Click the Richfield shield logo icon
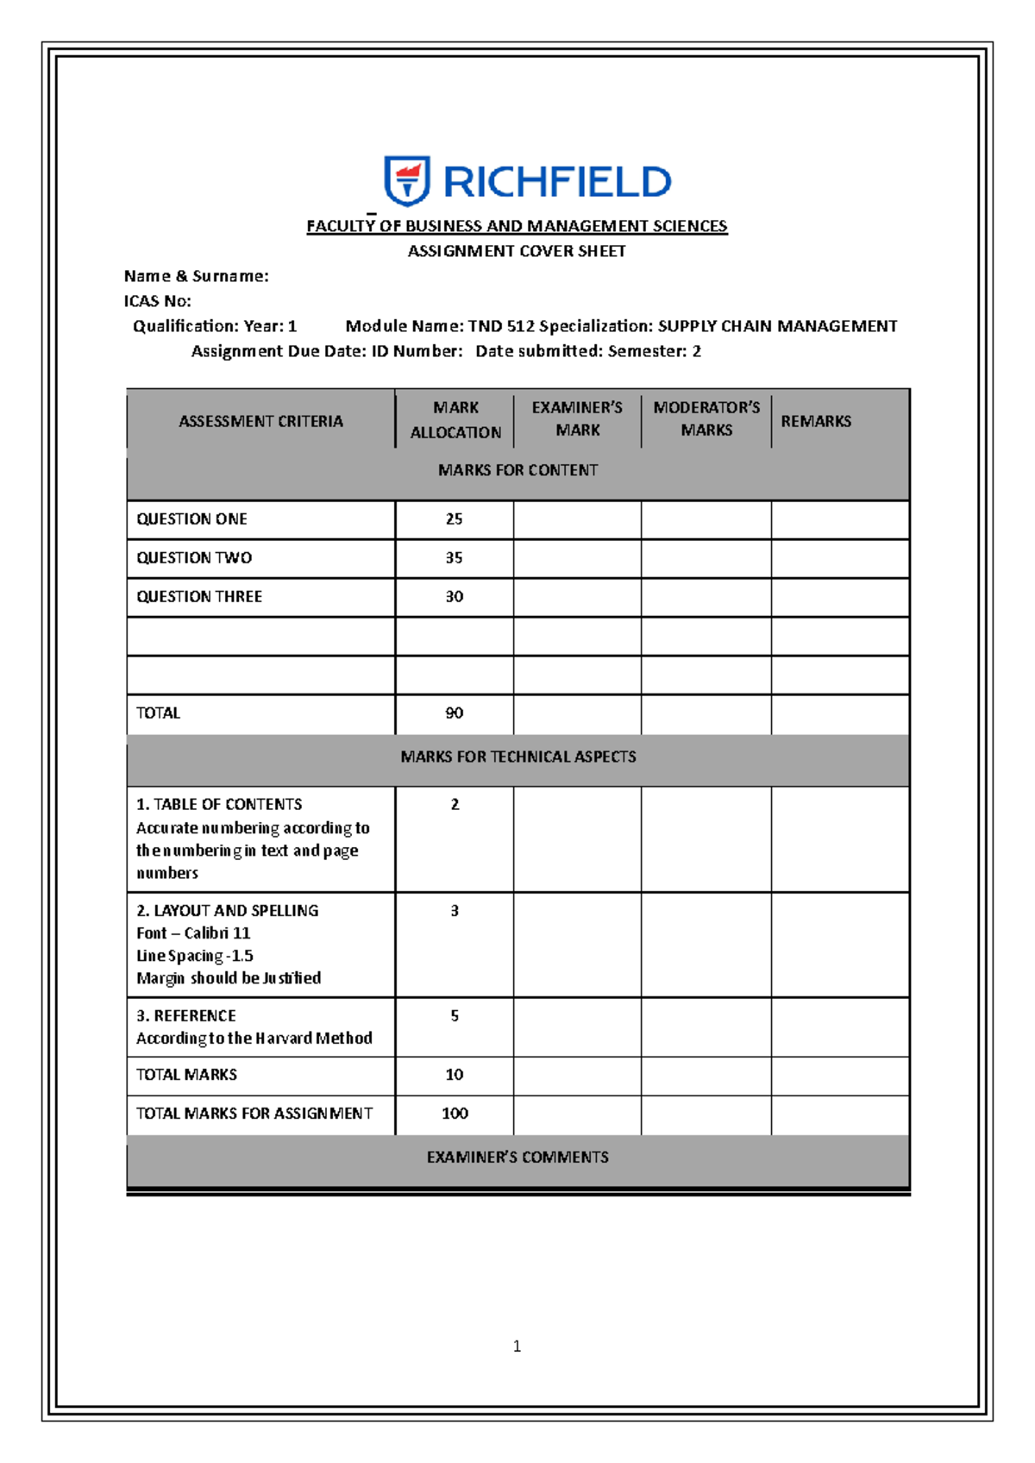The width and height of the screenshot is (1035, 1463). pos(406,181)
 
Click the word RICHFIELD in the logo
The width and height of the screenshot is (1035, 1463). pos(556,183)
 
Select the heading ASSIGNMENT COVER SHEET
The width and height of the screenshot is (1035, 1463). pos(517,251)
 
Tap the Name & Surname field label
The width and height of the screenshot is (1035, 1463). pos(196,276)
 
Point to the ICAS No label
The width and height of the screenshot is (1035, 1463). pos(157,301)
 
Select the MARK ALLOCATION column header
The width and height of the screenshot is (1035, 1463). pos(455,420)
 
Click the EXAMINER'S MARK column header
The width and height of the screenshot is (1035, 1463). pos(577,418)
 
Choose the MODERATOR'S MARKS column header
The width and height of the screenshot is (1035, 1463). pos(706,418)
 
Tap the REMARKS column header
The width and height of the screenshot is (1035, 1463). pos(816,421)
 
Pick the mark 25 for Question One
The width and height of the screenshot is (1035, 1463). pos(454,519)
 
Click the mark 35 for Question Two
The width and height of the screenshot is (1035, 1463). pos(454,558)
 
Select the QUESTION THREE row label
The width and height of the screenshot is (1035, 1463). pos(199,597)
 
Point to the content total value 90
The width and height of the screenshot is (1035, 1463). pos(454,713)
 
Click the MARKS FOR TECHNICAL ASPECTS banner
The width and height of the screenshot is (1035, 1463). pos(517,757)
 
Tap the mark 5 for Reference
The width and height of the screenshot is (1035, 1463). pos(455,1016)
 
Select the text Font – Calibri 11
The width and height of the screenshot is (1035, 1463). pos(193,933)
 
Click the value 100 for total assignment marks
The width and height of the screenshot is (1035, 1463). pos(455,1114)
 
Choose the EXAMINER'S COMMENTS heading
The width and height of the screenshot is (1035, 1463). pos(517,1158)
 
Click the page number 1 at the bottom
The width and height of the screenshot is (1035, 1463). pos(517,1347)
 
